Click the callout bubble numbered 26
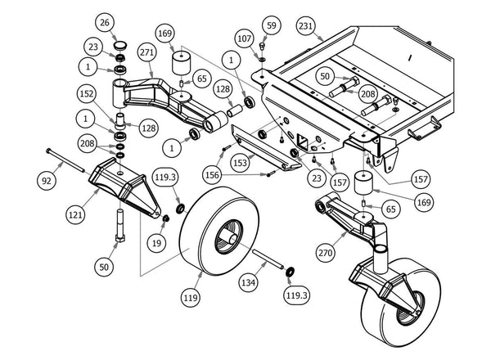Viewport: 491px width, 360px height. click(x=126, y=22)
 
